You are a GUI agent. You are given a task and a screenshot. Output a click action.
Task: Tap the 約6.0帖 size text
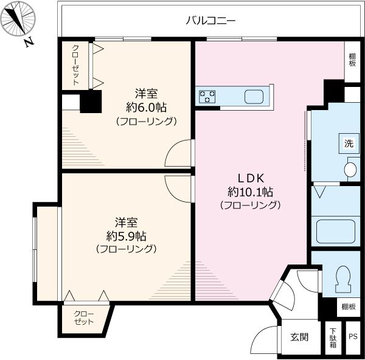point(147,107)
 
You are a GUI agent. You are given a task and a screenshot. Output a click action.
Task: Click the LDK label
point(249,179)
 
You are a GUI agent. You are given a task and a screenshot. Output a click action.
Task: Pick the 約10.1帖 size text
point(249,192)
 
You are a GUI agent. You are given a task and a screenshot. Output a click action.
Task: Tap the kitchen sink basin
point(254,96)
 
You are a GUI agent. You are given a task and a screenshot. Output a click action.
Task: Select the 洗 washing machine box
point(349,144)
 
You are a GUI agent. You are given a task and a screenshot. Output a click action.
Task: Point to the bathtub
point(335,232)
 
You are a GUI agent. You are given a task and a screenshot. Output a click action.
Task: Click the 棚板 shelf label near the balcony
point(353,60)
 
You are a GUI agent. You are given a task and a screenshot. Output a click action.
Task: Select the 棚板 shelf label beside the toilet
point(348,306)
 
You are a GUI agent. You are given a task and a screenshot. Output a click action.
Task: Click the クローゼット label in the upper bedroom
point(75,64)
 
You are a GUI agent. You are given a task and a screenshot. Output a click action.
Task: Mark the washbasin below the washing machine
point(350,169)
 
